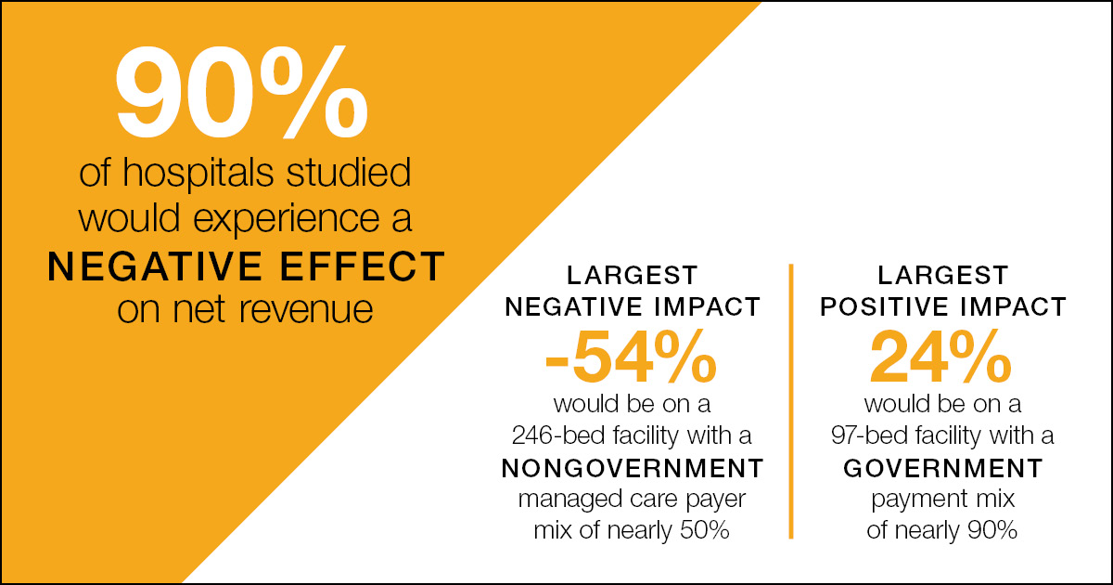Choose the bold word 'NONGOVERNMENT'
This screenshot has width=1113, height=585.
coord(632,466)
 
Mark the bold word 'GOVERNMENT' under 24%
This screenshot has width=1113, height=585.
coord(942,466)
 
